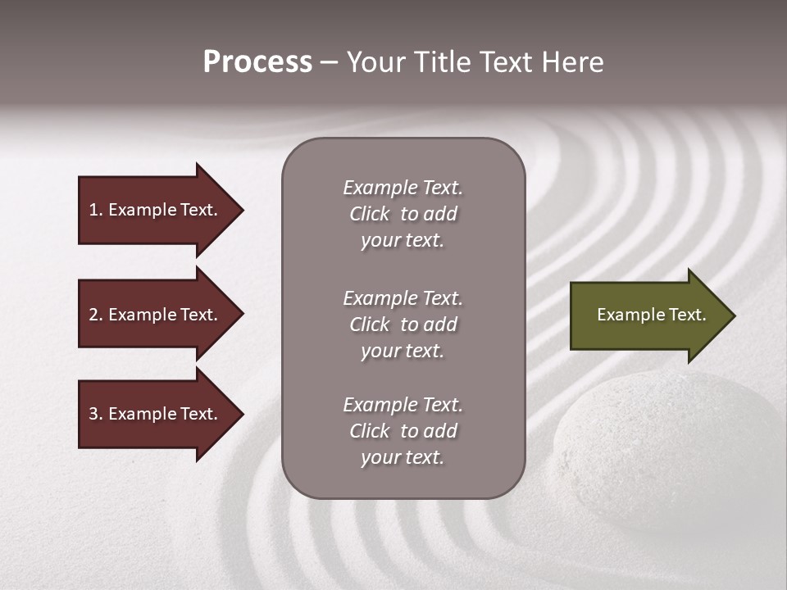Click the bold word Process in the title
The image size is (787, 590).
(257, 62)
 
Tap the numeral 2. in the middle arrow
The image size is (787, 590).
(96, 315)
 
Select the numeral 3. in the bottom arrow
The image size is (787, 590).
(96, 415)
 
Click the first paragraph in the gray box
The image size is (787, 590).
(403, 214)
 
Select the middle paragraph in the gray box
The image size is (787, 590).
(403, 324)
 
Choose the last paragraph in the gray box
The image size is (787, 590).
(403, 431)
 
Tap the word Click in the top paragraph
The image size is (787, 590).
(370, 214)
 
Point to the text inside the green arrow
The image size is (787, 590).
(651, 315)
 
